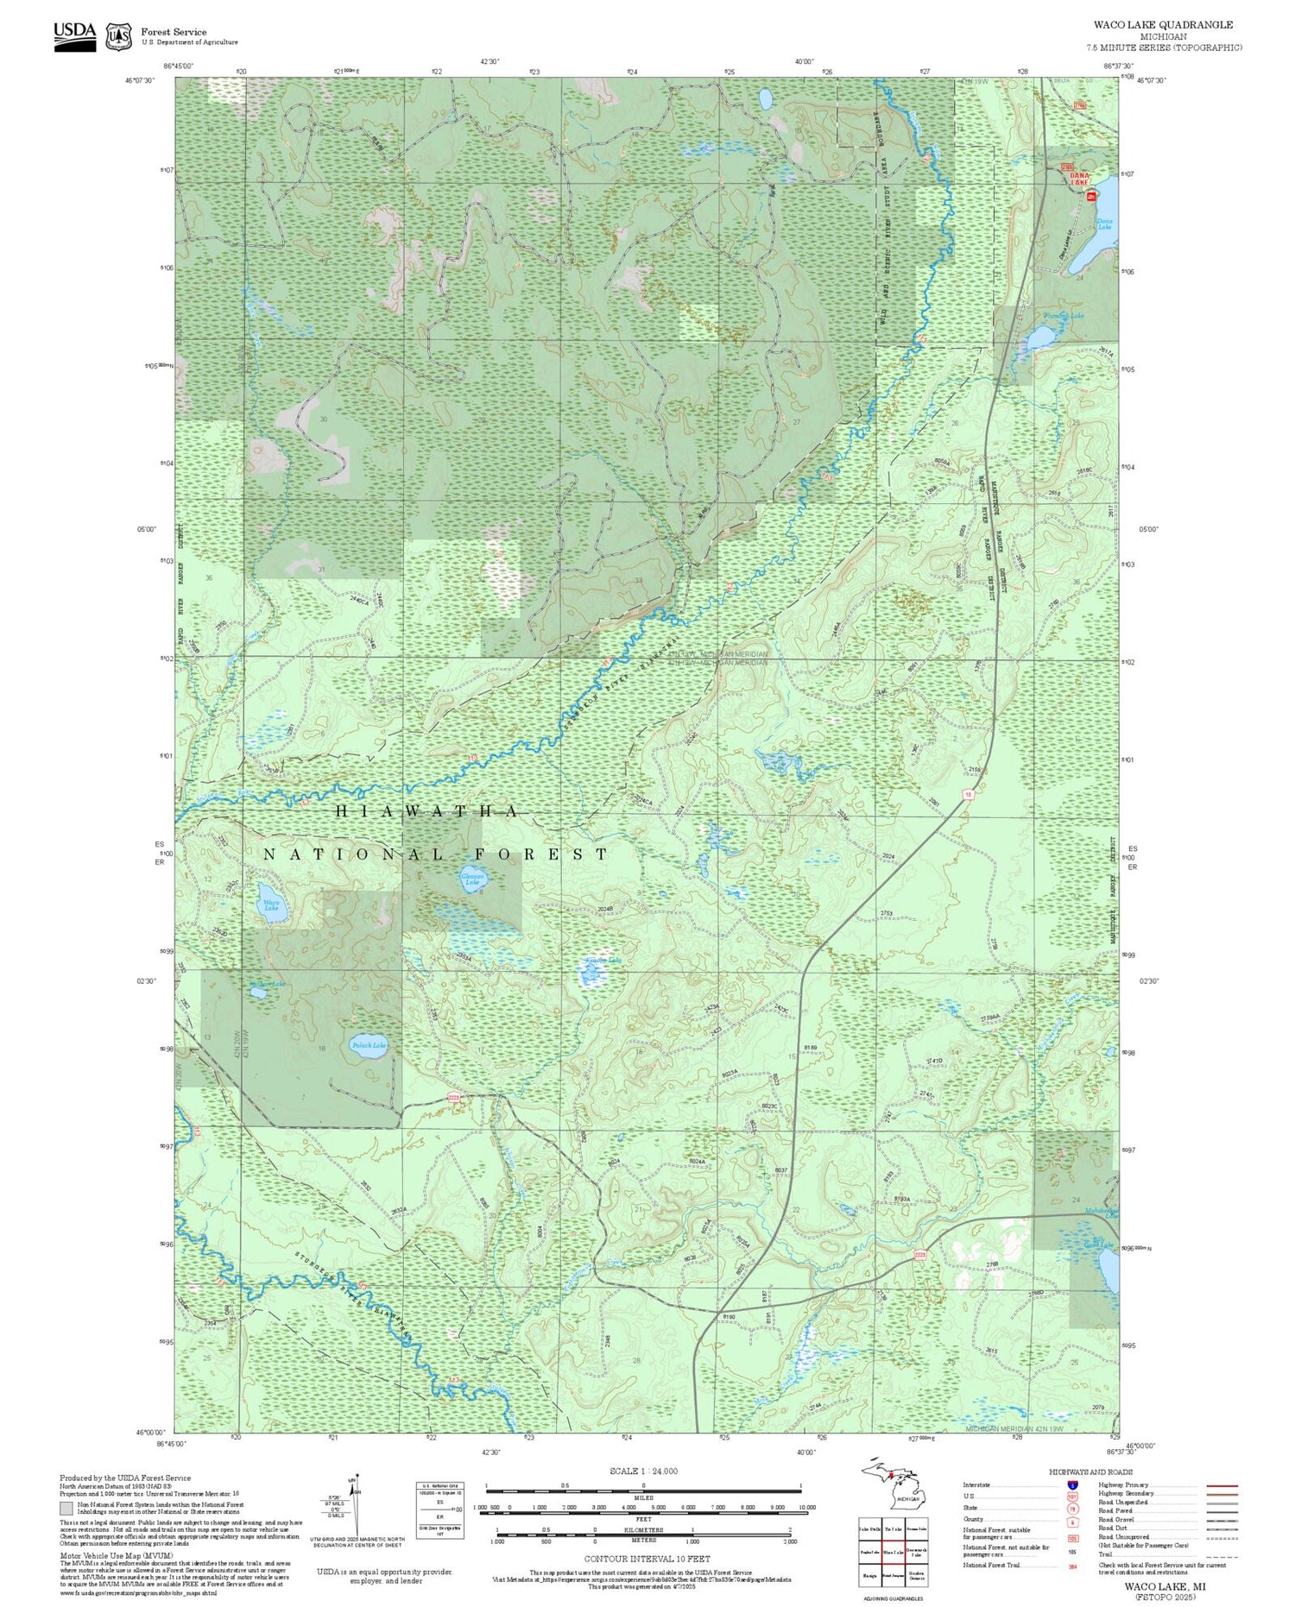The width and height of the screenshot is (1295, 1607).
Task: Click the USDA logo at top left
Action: [x=74, y=36]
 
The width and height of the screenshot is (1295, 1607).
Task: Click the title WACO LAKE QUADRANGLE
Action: [x=1163, y=25]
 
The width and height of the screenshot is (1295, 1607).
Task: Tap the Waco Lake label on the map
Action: [x=271, y=907]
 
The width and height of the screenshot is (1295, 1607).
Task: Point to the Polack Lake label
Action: [x=369, y=1045]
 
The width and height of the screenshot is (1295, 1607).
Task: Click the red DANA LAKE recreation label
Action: [x=1079, y=179]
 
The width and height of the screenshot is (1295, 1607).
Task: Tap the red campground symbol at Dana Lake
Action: [x=1091, y=198]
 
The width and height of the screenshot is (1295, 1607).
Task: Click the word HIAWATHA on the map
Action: [x=426, y=811]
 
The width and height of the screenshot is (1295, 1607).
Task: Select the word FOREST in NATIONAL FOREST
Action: [x=542, y=854]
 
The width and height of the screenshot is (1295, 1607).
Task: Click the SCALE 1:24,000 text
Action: [x=643, y=1472]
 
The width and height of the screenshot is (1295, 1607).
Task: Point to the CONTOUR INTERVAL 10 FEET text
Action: [x=647, y=1559]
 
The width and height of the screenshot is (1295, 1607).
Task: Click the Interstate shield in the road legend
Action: [x=1072, y=1484]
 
